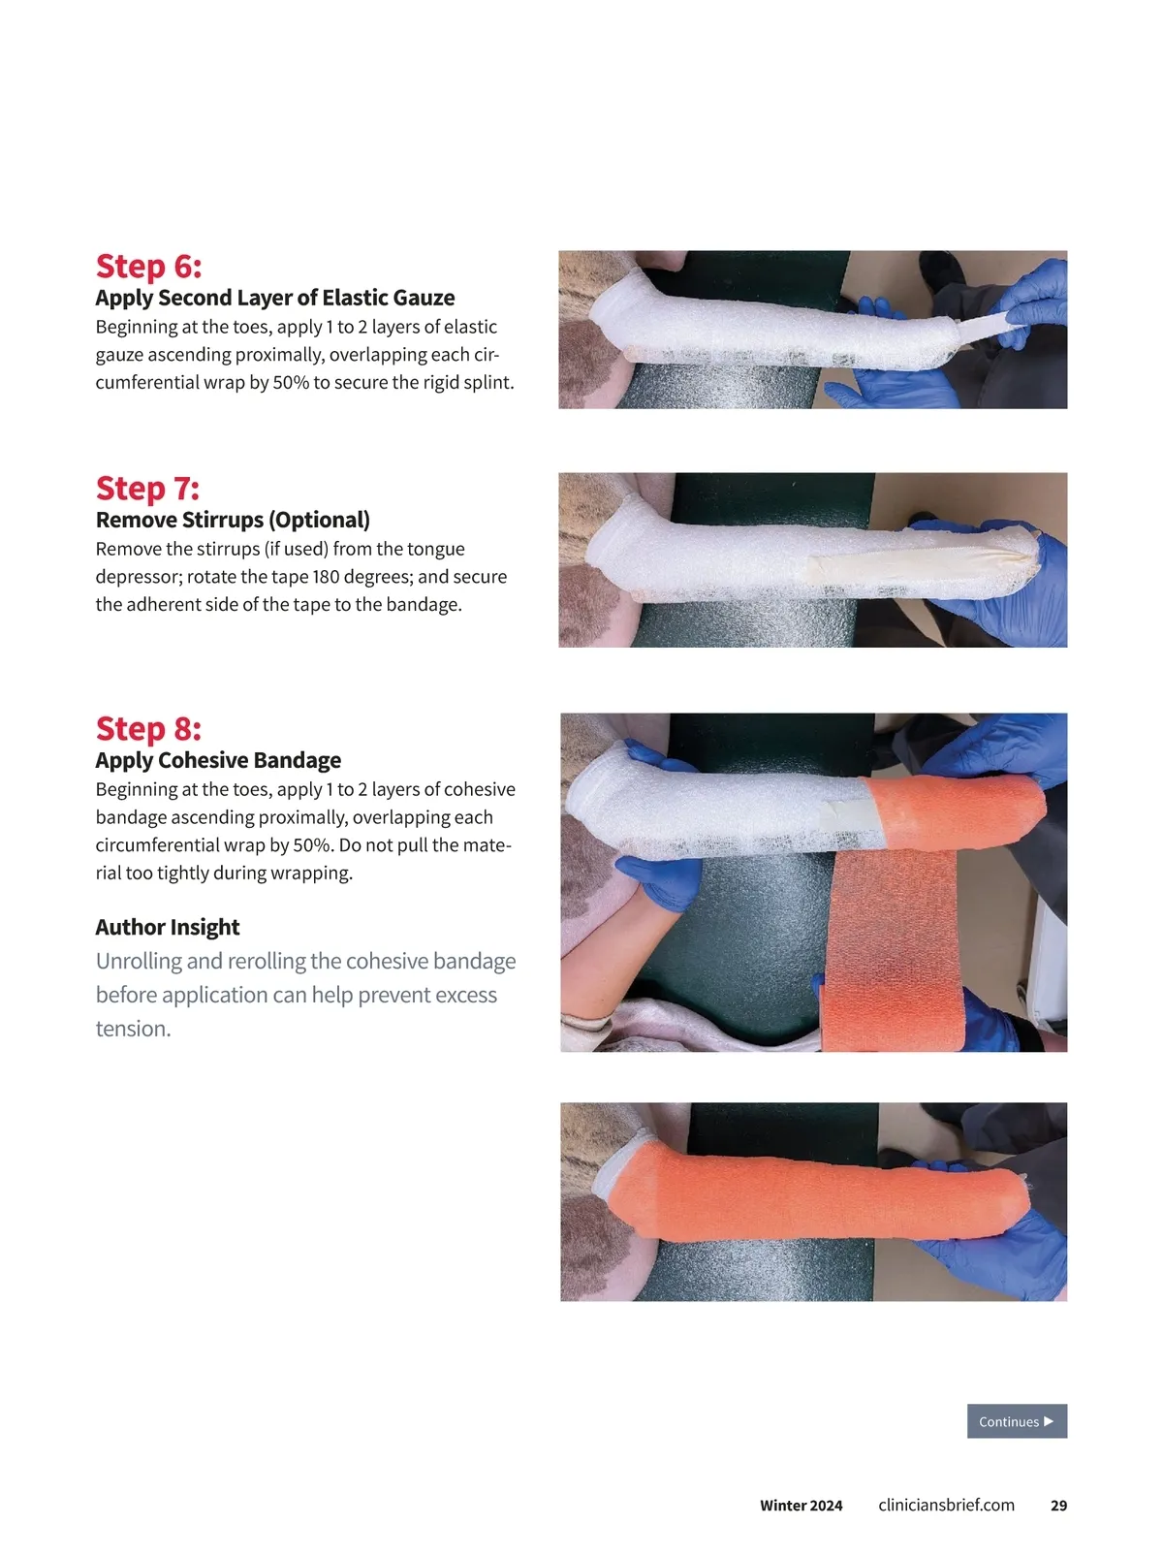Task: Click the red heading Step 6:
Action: point(149,266)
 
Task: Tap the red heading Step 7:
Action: point(148,488)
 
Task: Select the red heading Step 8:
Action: point(149,728)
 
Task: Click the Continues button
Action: point(1017,1421)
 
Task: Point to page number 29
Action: point(1058,1506)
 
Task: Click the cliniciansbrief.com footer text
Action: point(946,1505)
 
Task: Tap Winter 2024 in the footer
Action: point(802,1506)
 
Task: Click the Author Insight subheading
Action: point(168,927)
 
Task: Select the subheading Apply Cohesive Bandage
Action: point(218,760)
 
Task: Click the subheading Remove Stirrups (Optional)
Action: point(233,520)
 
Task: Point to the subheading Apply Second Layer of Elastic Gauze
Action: point(275,298)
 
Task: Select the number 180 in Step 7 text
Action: point(327,577)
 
